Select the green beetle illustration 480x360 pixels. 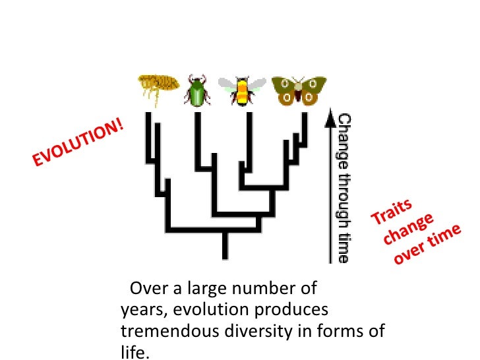pos(196,92)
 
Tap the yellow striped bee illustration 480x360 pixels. pos(242,90)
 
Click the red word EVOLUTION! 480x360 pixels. pos(77,143)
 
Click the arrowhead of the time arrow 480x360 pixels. pos(328,118)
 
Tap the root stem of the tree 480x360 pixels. pos(225,245)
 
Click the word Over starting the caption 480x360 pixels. pos(146,289)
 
